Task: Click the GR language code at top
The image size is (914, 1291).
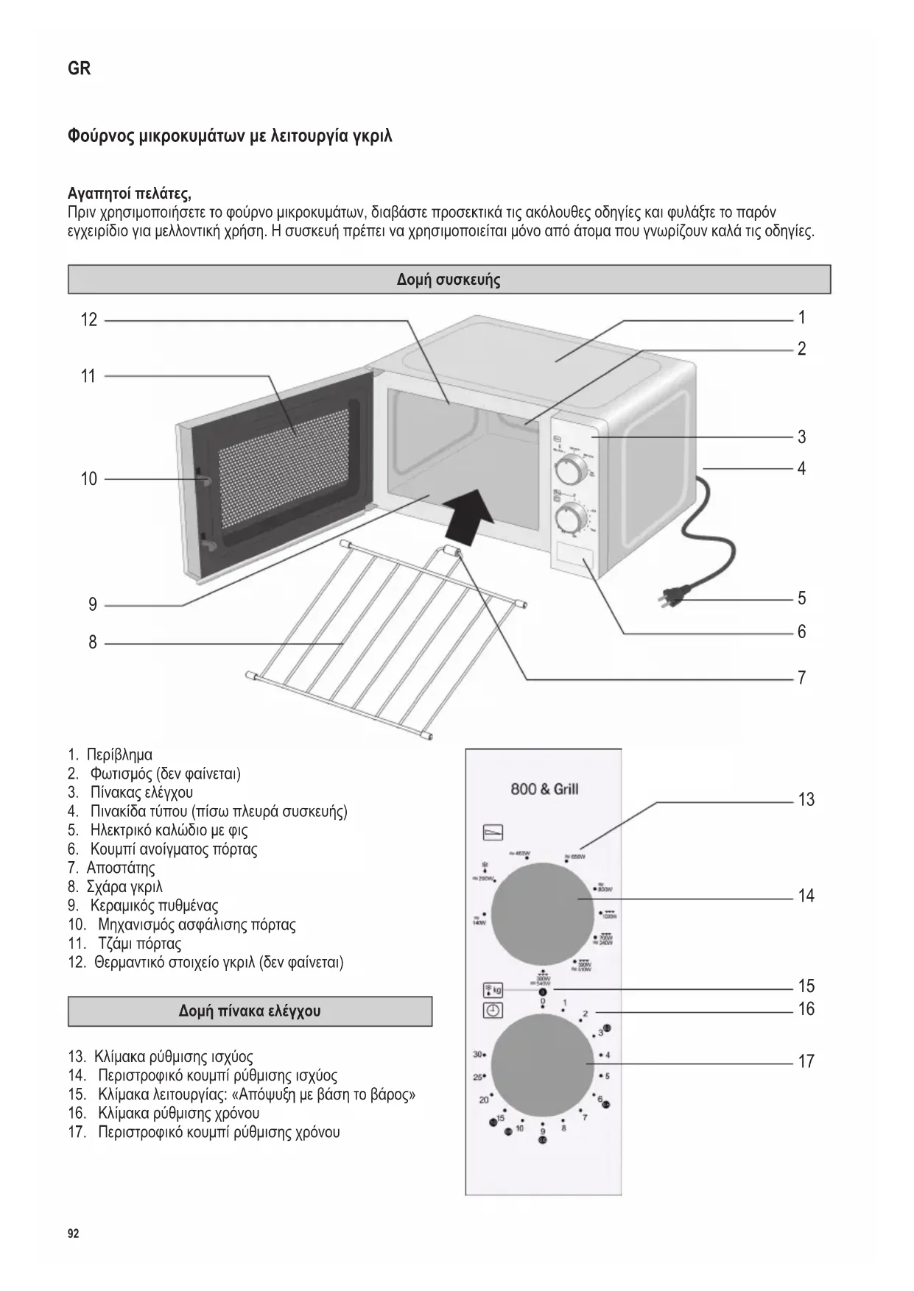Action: point(79,68)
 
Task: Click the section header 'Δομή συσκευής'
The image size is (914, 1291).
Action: point(449,280)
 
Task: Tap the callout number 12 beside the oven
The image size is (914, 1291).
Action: point(89,319)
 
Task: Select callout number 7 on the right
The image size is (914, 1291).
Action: point(802,678)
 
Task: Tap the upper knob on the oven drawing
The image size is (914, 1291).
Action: point(568,469)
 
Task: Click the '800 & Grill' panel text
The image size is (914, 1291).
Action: point(544,789)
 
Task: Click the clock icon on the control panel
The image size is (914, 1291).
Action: point(492,1010)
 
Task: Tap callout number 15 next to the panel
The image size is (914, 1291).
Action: point(806,986)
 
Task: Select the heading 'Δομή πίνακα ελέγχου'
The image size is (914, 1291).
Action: point(250,1011)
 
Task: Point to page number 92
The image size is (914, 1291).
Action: point(73,1234)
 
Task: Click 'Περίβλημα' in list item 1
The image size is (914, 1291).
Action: point(119,754)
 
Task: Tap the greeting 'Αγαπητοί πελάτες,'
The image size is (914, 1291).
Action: point(130,194)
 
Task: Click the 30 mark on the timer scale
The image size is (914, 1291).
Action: point(477,1055)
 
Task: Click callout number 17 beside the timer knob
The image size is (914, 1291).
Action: point(806,1061)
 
